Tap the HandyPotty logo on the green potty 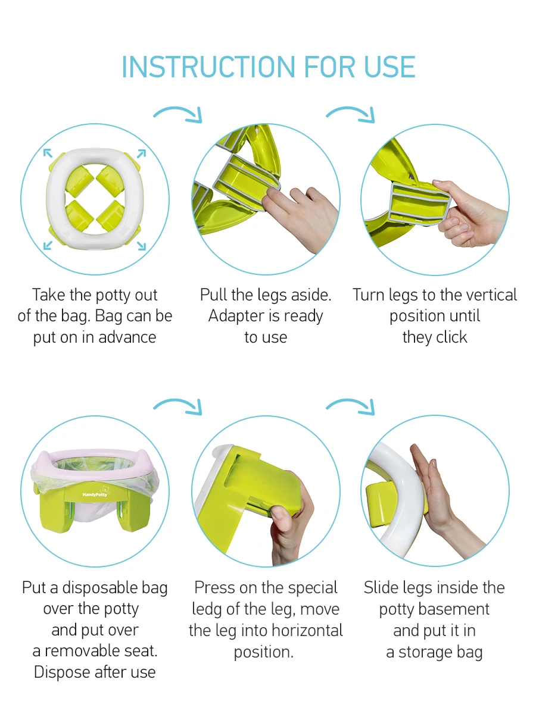point(96,495)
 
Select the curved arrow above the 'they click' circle point(351,114)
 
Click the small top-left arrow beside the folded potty point(48,154)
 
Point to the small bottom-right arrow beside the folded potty point(141,246)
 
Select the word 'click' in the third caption point(451,337)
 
